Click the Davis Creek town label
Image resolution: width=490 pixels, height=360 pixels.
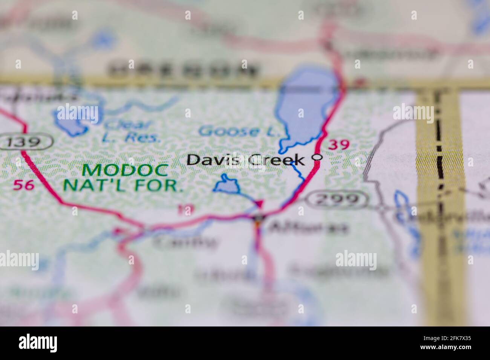[x=245, y=160]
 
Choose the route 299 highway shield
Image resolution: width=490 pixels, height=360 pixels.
[x=336, y=199]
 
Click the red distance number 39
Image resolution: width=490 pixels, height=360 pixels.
[x=338, y=144]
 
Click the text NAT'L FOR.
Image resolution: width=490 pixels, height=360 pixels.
[x=123, y=185]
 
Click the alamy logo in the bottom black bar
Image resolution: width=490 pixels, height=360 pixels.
[x=38, y=343]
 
